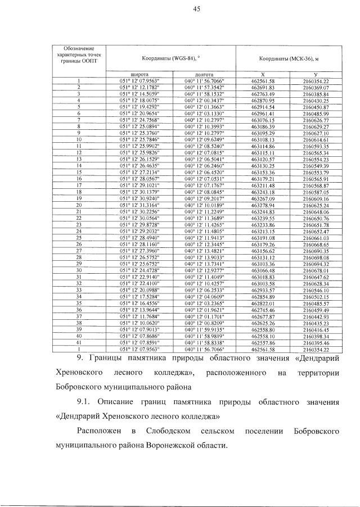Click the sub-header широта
tap(139, 74)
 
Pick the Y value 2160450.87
tap(315, 106)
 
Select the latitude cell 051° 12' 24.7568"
tap(139, 120)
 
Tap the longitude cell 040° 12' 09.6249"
tap(204, 139)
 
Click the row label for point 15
tap(79, 171)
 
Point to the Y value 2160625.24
tap(315, 204)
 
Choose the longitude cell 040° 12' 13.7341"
tap(204, 263)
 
